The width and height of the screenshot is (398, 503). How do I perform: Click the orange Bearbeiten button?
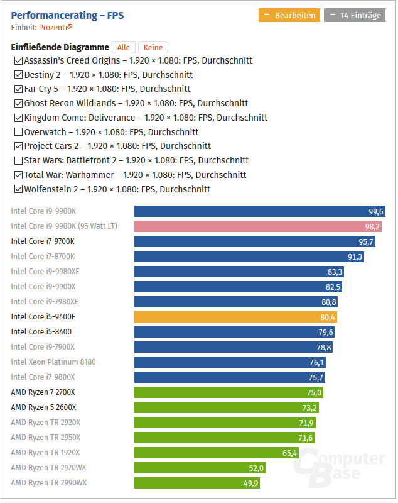289,15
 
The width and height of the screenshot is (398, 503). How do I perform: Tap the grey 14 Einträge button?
355,15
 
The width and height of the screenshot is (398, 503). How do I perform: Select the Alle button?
124,48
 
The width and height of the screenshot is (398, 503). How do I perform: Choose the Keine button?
153,48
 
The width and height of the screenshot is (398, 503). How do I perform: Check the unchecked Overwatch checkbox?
18,132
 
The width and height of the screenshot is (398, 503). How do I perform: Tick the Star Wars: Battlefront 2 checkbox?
18,161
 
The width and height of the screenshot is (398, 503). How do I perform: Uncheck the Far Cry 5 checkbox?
18,89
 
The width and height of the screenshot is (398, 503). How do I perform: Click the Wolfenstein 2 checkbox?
18,189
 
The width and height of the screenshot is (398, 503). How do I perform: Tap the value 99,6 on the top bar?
376,212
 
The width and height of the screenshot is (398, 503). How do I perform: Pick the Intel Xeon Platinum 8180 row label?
53,362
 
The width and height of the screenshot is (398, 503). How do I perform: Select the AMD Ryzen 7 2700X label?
43,392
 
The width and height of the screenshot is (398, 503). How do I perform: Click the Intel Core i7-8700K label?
43,257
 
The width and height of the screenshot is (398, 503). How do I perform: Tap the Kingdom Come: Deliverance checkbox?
18,118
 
